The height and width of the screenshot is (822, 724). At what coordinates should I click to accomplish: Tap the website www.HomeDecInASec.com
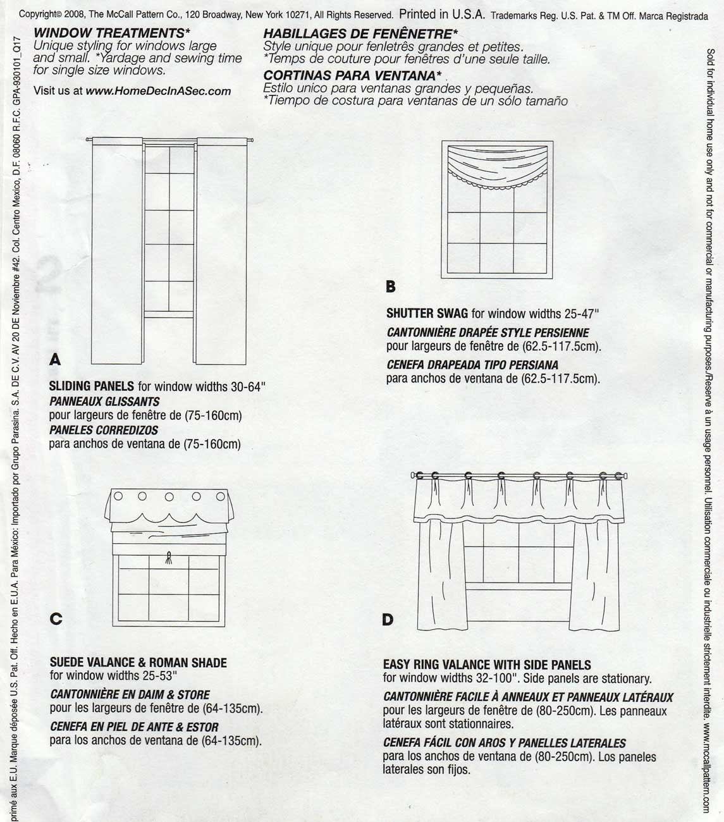tap(158, 91)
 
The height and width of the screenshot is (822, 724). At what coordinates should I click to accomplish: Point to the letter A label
tap(55, 360)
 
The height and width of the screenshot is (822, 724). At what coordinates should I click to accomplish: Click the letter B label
tap(391, 286)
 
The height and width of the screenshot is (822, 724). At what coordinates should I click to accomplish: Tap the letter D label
tap(388, 620)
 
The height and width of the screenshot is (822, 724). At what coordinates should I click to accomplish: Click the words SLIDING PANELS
tap(92, 386)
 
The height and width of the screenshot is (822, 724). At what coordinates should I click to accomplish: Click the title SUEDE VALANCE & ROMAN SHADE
tap(138, 663)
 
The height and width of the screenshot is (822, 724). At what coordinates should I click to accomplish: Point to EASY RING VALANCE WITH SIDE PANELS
tap(487, 665)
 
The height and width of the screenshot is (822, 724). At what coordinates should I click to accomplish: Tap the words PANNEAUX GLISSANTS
tap(104, 402)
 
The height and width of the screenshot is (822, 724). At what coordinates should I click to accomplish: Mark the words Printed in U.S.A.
tap(442, 15)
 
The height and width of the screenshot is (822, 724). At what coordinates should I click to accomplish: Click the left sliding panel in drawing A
tap(117, 253)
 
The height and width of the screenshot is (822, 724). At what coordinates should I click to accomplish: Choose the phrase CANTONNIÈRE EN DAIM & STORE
tap(130, 694)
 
